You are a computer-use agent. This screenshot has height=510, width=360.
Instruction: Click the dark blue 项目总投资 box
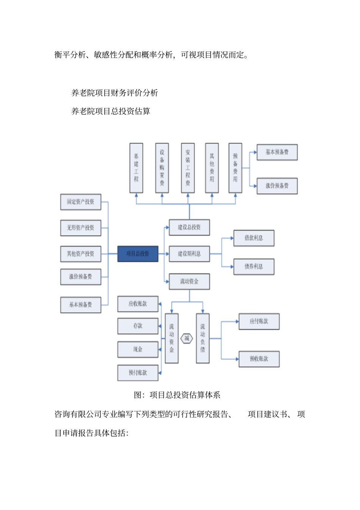click(138, 254)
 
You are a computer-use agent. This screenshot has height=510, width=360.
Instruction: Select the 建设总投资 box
click(189, 227)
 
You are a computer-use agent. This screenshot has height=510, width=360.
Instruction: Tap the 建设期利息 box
click(189, 254)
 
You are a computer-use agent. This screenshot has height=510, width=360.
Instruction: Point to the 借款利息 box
click(254, 238)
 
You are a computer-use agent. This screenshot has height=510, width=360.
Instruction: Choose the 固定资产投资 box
click(81, 202)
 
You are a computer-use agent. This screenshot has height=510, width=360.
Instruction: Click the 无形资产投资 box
click(81, 228)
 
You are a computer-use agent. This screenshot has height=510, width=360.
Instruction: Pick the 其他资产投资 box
click(81, 254)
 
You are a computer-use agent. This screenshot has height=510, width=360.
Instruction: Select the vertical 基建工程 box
click(136, 168)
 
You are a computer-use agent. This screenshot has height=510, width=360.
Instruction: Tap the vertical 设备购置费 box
click(162, 168)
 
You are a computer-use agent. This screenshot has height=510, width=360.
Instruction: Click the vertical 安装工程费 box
click(188, 168)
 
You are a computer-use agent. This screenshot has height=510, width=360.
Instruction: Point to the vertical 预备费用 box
click(235, 168)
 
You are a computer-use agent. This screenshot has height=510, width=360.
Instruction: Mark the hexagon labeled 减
click(187, 338)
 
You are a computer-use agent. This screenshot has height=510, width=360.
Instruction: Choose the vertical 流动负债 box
click(203, 338)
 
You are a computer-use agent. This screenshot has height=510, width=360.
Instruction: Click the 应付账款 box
click(259, 322)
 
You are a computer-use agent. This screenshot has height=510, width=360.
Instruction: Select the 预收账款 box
click(259, 359)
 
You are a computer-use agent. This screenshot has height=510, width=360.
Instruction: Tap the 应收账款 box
click(138, 304)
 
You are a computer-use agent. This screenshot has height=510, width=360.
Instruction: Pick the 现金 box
click(138, 349)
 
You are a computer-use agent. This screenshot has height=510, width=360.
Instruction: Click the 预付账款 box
click(138, 373)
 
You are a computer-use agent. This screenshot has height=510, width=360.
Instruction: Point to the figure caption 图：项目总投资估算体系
click(177, 395)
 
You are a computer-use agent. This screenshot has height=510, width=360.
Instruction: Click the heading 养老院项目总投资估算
click(111, 111)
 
